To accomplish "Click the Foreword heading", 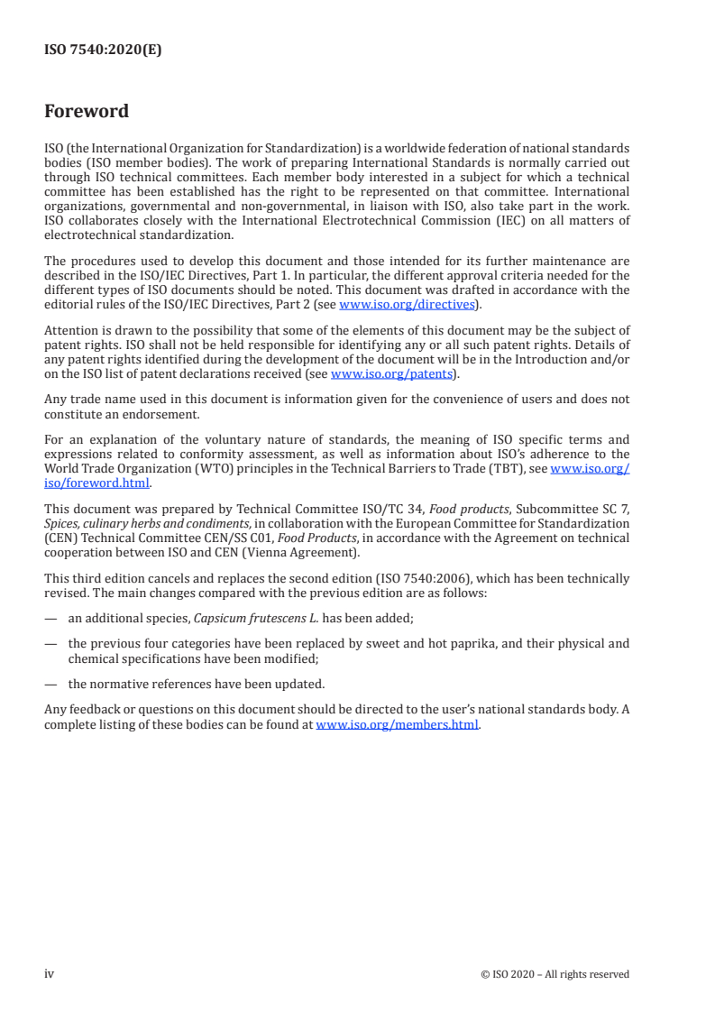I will tap(87, 112).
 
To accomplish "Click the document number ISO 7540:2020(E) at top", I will tap(103, 51).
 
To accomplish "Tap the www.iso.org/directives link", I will tap(407, 304).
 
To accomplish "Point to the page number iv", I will tap(50, 974).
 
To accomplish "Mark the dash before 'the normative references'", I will tap(51, 684).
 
